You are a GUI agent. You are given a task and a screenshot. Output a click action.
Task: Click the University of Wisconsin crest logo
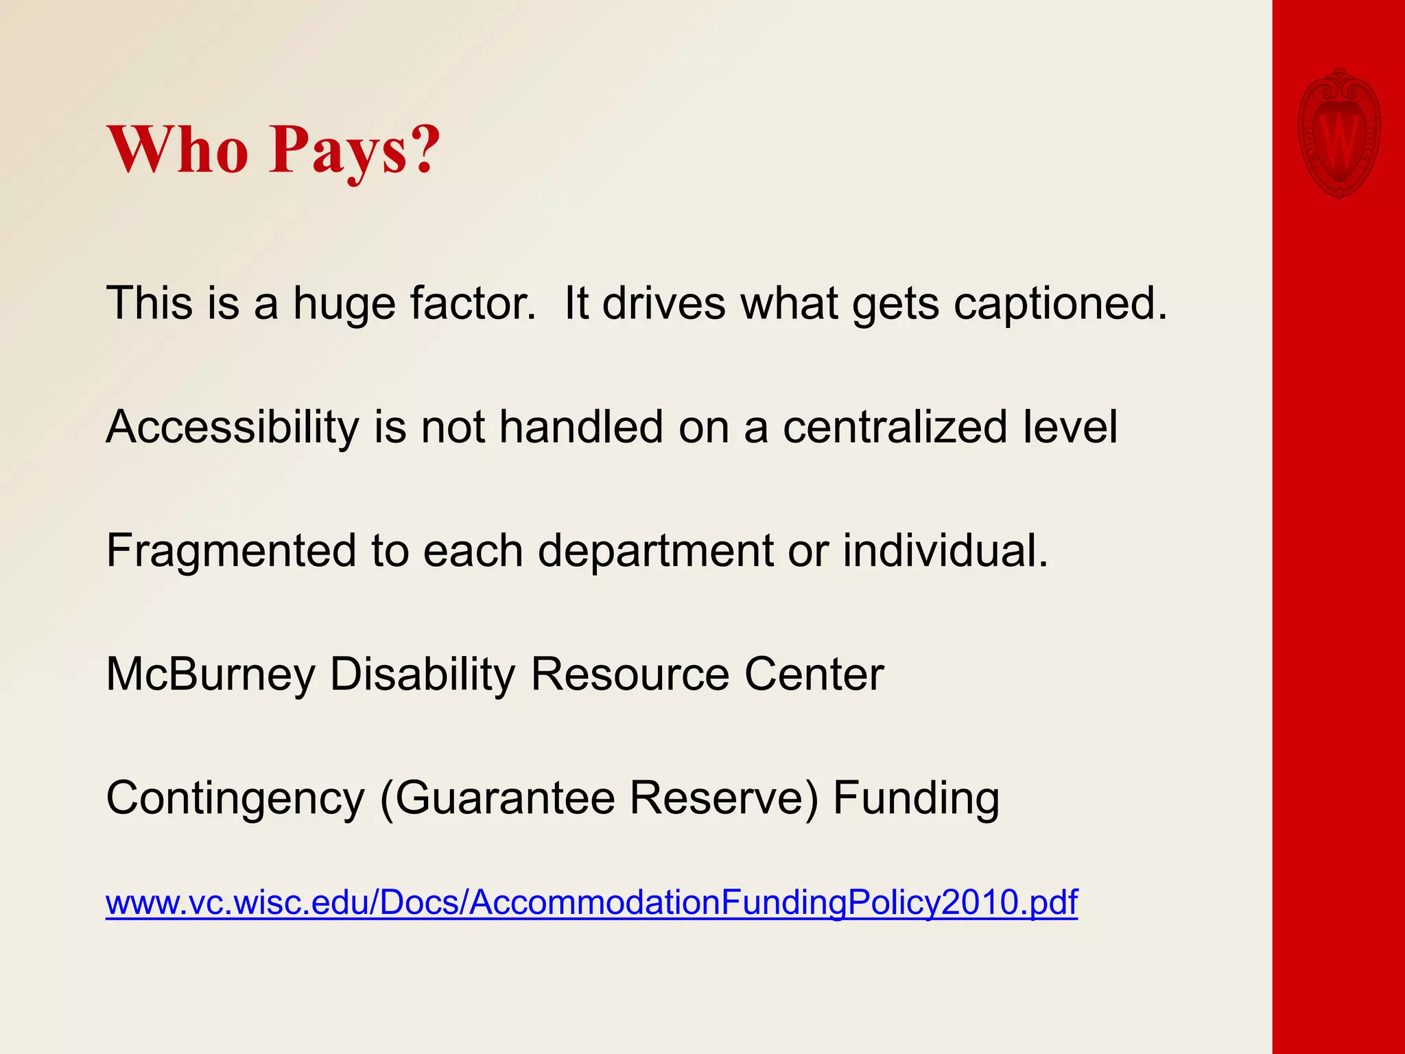pyautogui.click(x=1338, y=134)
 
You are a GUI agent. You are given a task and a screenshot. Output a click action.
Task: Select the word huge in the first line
pyautogui.click(x=344, y=304)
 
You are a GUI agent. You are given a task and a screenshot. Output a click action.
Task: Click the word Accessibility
pyautogui.click(x=233, y=428)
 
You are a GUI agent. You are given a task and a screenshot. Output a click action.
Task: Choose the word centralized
pyautogui.click(x=895, y=427)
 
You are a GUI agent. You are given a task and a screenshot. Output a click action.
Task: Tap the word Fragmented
pyautogui.click(x=231, y=551)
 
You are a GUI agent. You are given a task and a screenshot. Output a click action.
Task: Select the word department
pyautogui.click(x=655, y=552)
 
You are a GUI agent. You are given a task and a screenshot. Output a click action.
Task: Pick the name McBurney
pyautogui.click(x=211, y=675)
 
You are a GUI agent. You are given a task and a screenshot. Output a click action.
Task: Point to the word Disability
pyautogui.click(x=423, y=675)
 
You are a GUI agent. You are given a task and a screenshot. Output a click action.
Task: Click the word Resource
pyautogui.click(x=630, y=675)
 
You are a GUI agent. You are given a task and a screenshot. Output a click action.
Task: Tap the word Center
pyautogui.click(x=814, y=675)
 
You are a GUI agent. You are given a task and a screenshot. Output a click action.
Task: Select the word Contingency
pyautogui.click(x=235, y=799)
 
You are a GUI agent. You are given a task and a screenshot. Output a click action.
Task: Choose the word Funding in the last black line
pyautogui.click(x=916, y=799)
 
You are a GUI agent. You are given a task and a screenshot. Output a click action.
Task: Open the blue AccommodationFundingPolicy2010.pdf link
pyautogui.click(x=591, y=902)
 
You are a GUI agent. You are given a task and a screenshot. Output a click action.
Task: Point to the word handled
pyautogui.click(x=581, y=427)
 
